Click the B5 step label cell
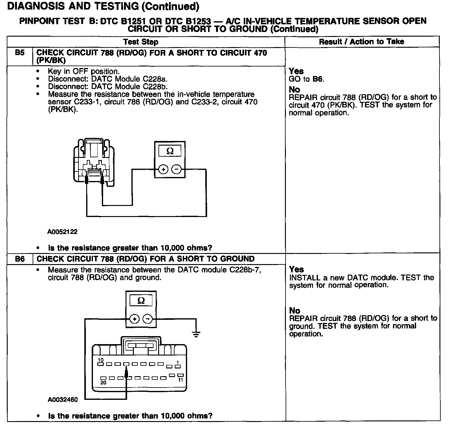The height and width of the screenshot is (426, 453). click(20, 53)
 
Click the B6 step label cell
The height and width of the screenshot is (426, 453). click(20, 259)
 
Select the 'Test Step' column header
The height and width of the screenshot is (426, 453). click(141, 42)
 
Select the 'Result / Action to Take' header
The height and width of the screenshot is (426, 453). click(362, 42)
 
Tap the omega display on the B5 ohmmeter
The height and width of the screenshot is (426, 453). click(170, 151)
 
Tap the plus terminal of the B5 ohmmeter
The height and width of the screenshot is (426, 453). click(163, 169)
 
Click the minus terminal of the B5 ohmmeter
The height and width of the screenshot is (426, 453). click(176, 169)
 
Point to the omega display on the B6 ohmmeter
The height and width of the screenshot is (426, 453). click(141, 300)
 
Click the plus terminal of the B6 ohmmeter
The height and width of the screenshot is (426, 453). click(134, 319)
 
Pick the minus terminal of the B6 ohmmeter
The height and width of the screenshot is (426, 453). click(148, 319)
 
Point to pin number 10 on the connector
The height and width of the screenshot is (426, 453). click(101, 360)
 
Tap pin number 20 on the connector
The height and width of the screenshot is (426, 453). click(103, 383)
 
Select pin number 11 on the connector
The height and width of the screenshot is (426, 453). click(180, 380)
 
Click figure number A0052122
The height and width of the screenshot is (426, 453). click(62, 232)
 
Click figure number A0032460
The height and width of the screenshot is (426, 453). click(63, 400)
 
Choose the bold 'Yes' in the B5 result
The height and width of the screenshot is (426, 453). click(296, 71)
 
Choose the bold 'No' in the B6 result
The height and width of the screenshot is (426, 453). click(295, 311)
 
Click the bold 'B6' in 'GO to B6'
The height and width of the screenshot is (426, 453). click(318, 79)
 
